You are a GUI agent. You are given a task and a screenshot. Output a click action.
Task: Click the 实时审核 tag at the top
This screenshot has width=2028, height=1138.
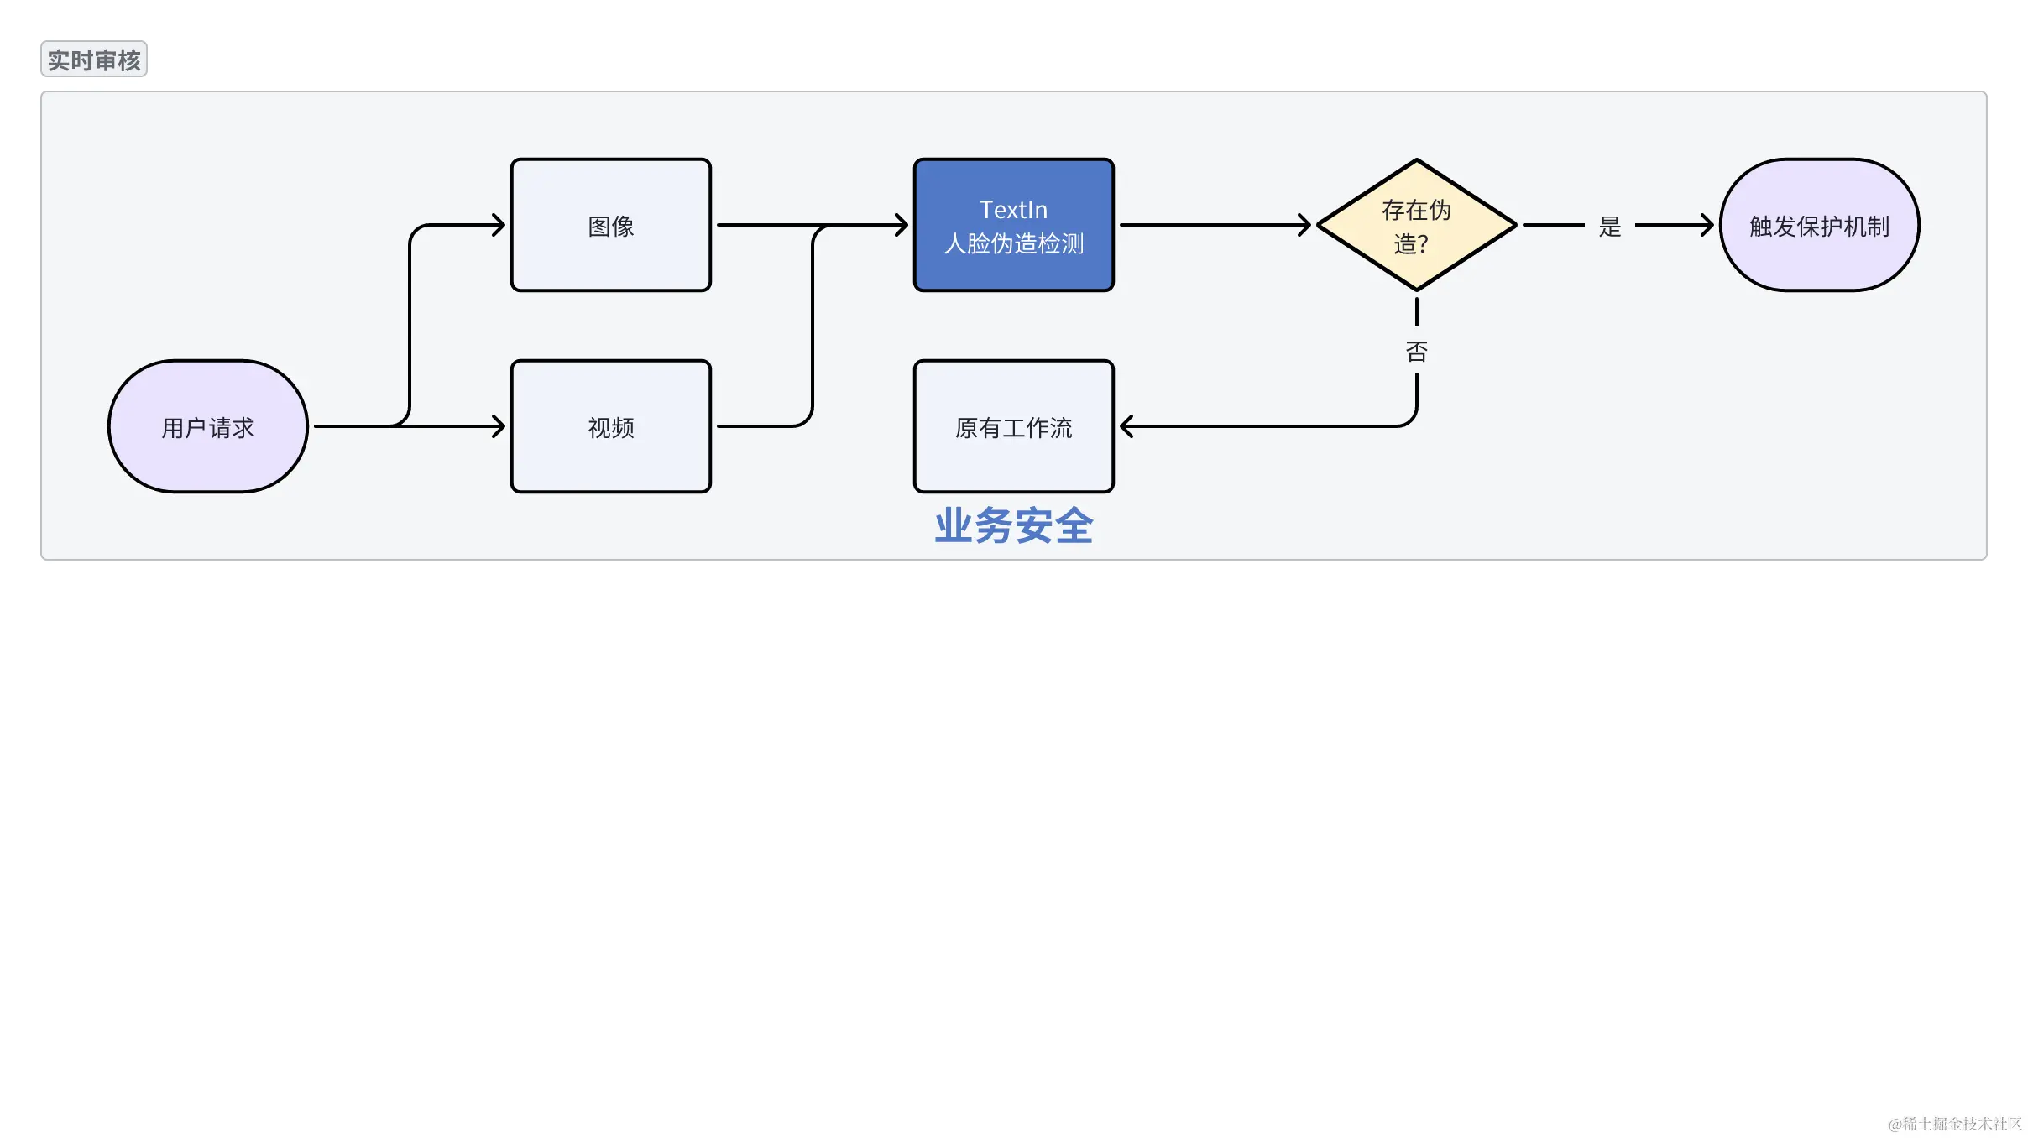point(94,60)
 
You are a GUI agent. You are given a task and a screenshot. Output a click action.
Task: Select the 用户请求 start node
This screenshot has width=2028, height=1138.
point(208,427)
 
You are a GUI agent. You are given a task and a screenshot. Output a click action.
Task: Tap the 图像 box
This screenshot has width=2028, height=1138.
point(611,226)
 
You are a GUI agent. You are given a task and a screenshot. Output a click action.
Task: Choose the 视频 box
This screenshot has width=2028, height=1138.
point(611,427)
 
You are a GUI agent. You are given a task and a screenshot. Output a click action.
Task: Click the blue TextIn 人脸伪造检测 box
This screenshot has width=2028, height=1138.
point(1014,226)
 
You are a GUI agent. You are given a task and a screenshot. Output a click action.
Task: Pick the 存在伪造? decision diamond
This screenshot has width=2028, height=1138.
point(1417,226)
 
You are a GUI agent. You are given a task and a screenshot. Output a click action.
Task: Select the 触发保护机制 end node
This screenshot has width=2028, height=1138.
point(1820,226)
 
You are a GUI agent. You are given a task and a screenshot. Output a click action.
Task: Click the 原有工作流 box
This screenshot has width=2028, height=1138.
point(1014,427)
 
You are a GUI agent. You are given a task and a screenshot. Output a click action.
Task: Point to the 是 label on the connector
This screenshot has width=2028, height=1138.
point(1610,227)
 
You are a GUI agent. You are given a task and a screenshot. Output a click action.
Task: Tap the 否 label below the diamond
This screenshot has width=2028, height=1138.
point(1417,352)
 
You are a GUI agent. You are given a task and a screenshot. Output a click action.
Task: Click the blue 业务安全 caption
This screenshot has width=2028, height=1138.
point(1014,526)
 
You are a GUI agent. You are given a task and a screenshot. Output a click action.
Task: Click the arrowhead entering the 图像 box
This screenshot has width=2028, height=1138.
point(499,225)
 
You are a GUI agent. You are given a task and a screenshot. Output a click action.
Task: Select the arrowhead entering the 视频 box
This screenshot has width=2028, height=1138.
point(499,426)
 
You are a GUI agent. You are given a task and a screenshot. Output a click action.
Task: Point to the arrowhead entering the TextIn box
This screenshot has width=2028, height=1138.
point(902,225)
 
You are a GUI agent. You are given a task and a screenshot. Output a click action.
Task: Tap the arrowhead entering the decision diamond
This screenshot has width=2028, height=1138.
point(1305,225)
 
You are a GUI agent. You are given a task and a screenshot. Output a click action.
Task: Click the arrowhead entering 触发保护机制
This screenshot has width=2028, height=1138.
point(1707,225)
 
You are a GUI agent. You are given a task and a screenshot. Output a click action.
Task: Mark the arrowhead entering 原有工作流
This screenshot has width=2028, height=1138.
point(1126,426)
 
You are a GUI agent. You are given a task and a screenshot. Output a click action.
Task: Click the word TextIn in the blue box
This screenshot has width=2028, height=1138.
point(1014,210)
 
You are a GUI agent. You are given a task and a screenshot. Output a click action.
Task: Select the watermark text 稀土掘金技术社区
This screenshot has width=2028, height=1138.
point(1961,1124)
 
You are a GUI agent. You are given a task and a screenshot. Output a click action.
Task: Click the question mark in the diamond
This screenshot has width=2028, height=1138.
point(1424,244)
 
